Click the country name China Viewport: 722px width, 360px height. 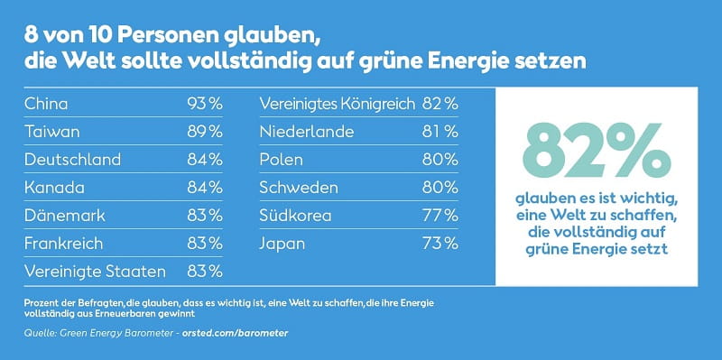pos(46,104)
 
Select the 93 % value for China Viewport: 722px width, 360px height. pos(205,104)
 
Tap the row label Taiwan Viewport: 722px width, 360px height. pos(51,132)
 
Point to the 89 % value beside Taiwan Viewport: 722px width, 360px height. pos(205,132)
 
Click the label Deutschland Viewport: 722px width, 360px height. pos(72,160)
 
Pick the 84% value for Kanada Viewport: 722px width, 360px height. pos(205,188)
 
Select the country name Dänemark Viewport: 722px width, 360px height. pos(64,216)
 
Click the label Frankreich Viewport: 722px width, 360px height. pos(63,244)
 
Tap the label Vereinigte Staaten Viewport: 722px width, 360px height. pos(95,272)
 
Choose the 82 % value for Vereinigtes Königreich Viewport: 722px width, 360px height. pos(440,104)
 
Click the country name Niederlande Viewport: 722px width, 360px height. pos(307,132)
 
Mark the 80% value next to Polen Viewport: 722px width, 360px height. pos(440,160)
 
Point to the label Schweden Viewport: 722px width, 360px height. pos(299,188)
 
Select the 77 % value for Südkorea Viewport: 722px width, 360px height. pos(440,216)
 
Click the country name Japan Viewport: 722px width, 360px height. pos(282,244)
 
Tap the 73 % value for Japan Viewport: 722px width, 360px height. pos(440,244)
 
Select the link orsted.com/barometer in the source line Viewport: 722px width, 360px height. pos(235,333)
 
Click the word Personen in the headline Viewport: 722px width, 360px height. pos(163,36)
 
